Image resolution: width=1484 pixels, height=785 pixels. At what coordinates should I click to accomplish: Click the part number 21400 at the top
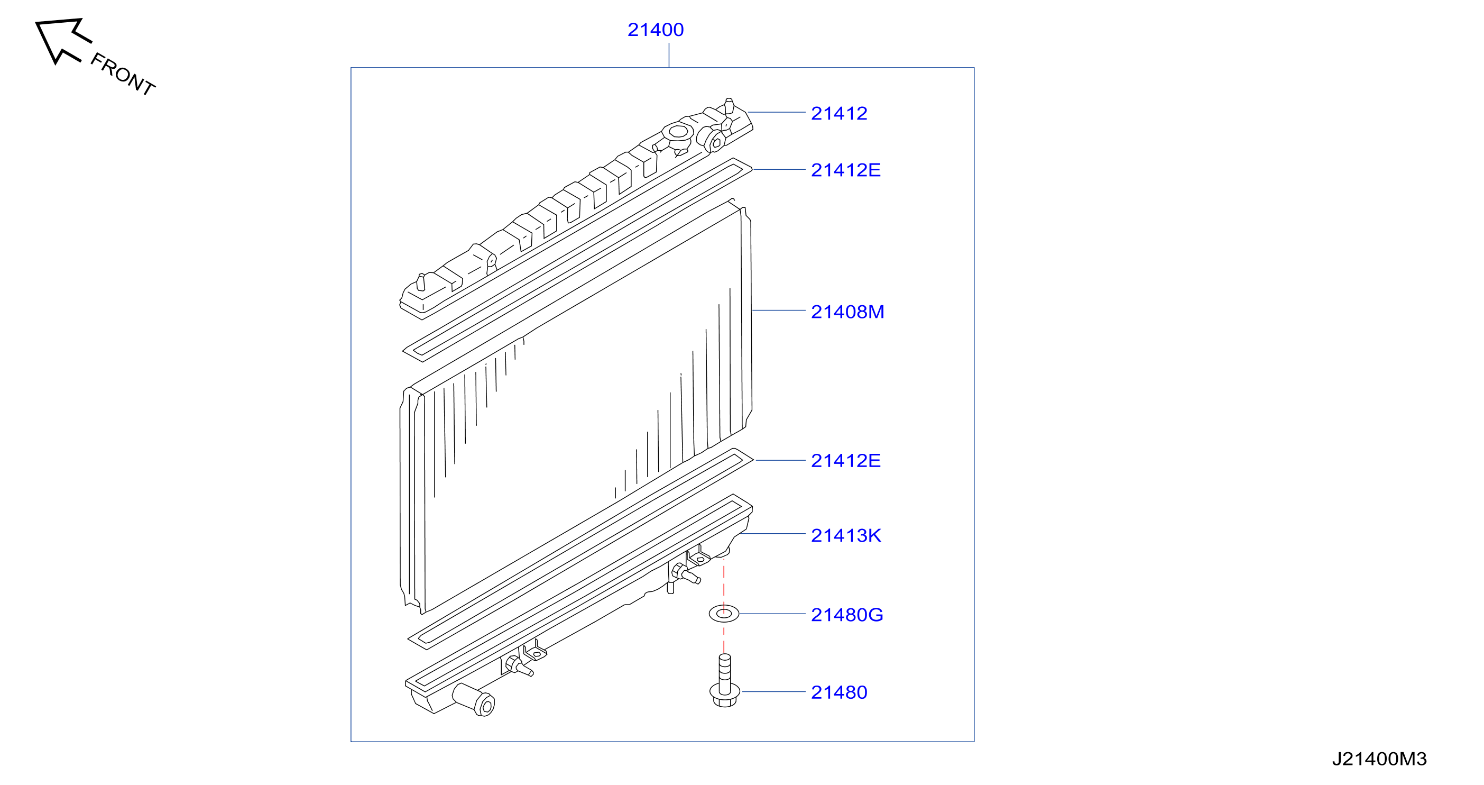point(656,30)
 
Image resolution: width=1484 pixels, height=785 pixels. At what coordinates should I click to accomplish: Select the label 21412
point(839,113)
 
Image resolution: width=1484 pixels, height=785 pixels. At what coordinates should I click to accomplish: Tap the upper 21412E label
point(846,170)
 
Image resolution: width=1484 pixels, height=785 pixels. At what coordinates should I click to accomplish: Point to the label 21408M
point(847,312)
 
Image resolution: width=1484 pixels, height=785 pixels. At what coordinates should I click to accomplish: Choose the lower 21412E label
point(846,461)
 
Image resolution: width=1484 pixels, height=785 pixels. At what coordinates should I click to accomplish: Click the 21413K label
point(846,535)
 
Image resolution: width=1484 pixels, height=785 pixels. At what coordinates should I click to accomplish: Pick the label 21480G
point(847,615)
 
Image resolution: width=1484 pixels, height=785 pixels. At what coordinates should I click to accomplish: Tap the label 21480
point(839,692)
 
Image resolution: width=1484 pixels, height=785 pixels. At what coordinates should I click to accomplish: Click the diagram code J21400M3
point(1379,759)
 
